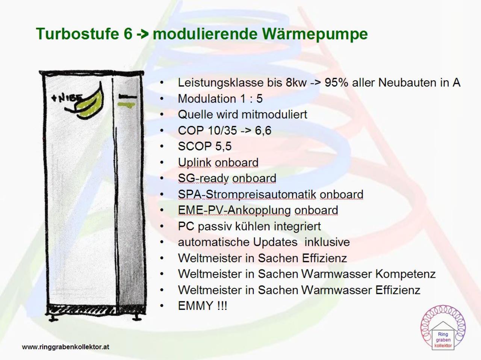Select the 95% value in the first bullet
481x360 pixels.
336,83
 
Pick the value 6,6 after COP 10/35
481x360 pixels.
263,131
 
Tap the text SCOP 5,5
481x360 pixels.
205,146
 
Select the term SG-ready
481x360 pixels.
203,178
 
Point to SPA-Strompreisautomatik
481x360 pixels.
247,195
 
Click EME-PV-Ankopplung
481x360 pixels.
234,210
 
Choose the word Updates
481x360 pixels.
275,242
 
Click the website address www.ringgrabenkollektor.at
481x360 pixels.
65,347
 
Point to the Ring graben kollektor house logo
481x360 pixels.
443,328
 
